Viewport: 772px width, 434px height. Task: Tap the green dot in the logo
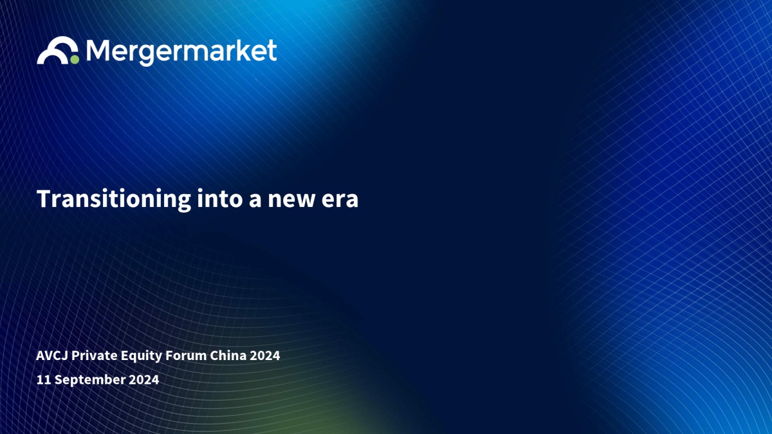coord(75,60)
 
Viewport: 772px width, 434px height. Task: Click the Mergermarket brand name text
coord(181,52)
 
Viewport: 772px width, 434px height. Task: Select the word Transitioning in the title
coord(114,200)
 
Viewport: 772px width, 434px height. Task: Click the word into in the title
coord(220,199)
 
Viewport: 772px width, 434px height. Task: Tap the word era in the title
coord(340,201)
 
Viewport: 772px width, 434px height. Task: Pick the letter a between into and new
coord(255,201)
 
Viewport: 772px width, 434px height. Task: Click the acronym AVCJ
coord(52,356)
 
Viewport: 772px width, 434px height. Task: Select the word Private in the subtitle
coord(95,356)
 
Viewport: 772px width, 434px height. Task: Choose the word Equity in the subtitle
coord(142,356)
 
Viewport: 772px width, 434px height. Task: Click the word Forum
coord(186,356)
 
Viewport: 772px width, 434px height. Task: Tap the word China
coord(228,356)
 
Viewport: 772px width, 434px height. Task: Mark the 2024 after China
coord(265,356)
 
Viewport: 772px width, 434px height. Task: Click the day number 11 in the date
coord(44,379)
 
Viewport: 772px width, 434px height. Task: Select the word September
coord(90,380)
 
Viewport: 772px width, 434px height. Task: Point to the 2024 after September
coord(144,379)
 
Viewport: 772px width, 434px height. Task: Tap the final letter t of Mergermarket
coord(272,51)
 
